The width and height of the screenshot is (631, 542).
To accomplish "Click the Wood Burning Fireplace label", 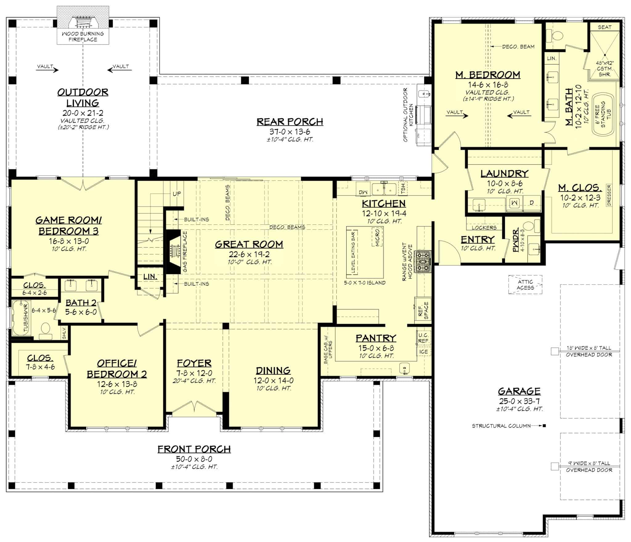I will pos(83,36).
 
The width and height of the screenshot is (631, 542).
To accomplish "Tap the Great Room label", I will pos(249,244).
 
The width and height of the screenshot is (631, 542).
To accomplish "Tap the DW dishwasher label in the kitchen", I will pos(363,191).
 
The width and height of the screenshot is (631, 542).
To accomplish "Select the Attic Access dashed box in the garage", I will pos(525,285).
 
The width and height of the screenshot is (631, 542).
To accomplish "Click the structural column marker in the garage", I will pos(544,426).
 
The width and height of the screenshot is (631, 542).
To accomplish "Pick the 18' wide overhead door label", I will pos(589,351).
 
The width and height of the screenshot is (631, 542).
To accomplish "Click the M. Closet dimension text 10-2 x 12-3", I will pos(580,198).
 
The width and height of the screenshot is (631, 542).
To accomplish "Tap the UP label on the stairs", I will pos(177,194).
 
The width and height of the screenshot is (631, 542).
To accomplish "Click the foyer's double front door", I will pos(194,406).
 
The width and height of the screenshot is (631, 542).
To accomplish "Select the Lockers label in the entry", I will pos(484,228).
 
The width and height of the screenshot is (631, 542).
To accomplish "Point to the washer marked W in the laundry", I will pos(515,203).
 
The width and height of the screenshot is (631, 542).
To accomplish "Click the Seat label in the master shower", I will pos(604,27).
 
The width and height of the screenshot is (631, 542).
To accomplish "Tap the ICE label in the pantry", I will pos(423,352).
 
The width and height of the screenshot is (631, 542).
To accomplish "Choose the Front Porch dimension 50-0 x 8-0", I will pos(194,459).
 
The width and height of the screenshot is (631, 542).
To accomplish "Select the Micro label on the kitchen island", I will pos(378,237).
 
